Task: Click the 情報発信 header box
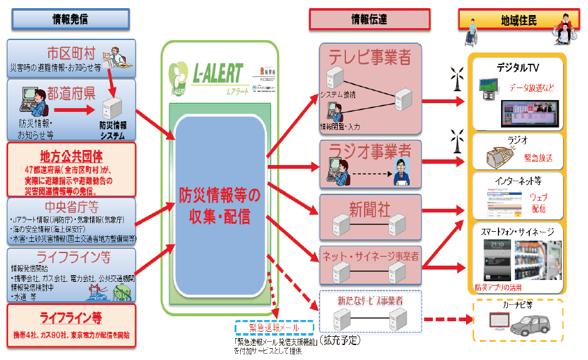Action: (70, 19)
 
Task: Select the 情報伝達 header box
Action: (369, 19)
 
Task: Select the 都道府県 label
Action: (72, 94)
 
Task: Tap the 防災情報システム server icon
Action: (114, 111)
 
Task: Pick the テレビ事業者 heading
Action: (370, 58)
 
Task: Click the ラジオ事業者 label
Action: (370, 150)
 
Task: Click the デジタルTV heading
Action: (518, 67)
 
